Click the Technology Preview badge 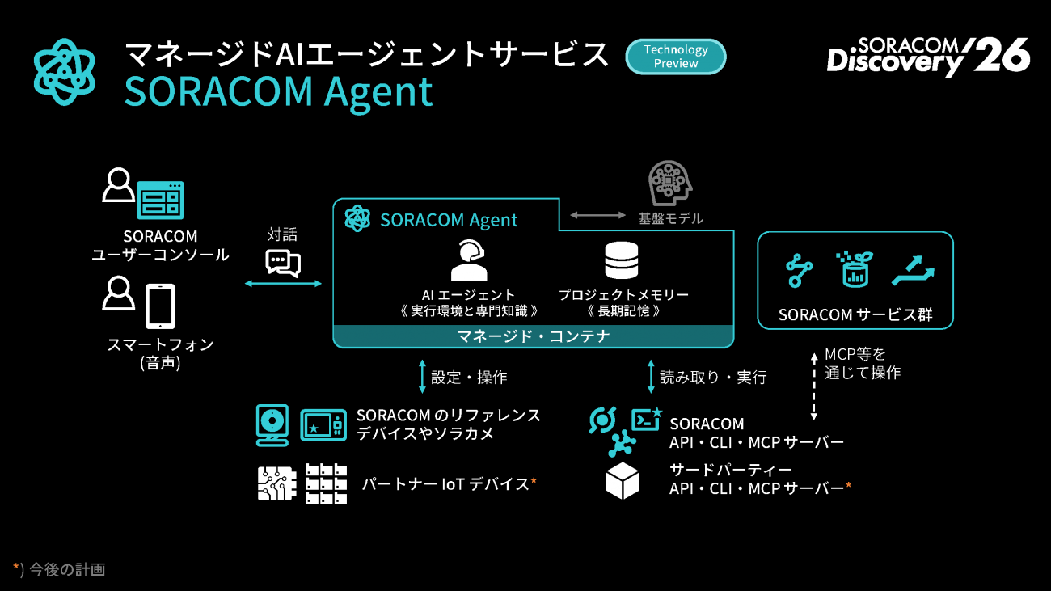click(x=676, y=57)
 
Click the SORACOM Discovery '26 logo click(x=928, y=57)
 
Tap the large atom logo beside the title click(x=65, y=72)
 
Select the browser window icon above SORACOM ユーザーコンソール click(x=160, y=200)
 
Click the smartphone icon click(x=160, y=306)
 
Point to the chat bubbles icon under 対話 click(x=283, y=263)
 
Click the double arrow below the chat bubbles click(x=284, y=283)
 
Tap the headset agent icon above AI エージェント click(x=469, y=260)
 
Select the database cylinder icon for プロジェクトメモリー click(x=622, y=260)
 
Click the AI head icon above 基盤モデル click(x=670, y=183)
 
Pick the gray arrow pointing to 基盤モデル click(x=597, y=215)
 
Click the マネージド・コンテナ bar click(x=534, y=336)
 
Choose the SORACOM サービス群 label click(x=855, y=314)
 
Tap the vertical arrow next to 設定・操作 click(x=422, y=377)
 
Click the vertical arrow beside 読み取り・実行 click(x=651, y=377)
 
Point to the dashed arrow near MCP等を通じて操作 click(x=814, y=386)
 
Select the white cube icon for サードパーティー click(x=623, y=481)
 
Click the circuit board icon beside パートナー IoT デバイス click(x=276, y=483)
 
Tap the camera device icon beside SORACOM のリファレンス click(x=272, y=425)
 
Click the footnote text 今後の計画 click(x=67, y=569)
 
